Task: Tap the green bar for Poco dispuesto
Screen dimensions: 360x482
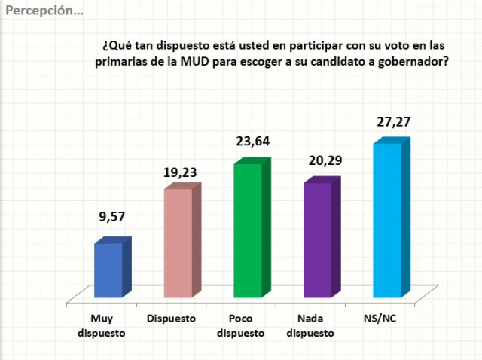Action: pos(248,230)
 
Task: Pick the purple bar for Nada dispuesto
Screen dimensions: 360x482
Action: pos(317,239)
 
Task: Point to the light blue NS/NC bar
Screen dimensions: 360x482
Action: pos(387,219)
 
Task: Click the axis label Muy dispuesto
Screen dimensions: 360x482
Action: pos(102,325)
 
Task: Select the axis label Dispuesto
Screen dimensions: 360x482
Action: pos(171,318)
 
